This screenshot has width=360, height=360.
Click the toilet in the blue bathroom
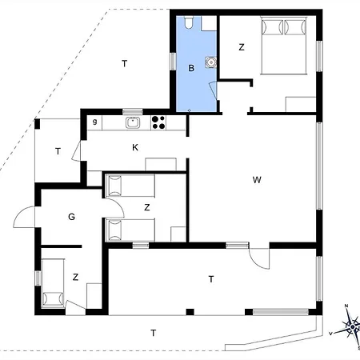tap(189, 22)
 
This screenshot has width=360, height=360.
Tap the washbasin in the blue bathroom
tap(210, 62)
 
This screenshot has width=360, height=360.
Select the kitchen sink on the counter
tap(132, 122)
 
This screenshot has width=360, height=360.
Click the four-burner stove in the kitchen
tap(158, 122)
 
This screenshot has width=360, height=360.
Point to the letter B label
tap(191, 68)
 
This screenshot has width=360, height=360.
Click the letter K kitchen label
tap(135, 147)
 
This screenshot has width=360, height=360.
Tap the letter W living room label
tap(257, 180)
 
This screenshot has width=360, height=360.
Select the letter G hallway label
tap(71, 217)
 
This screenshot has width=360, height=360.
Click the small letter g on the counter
tap(94, 122)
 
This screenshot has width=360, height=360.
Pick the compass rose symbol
tap(353, 326)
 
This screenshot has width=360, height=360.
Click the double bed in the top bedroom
tap(284, 46)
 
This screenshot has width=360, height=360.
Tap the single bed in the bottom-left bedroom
tap(53, 283)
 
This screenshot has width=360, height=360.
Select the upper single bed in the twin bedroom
tap(130, 186)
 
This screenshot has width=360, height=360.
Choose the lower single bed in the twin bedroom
tap(130, 230)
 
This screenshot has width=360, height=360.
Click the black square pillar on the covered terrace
tap(190, 312)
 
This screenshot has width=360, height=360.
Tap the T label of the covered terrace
tap(211, 279)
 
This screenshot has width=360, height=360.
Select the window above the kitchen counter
tap(133, 112)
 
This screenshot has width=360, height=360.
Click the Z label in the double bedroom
tap(242, 47)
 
